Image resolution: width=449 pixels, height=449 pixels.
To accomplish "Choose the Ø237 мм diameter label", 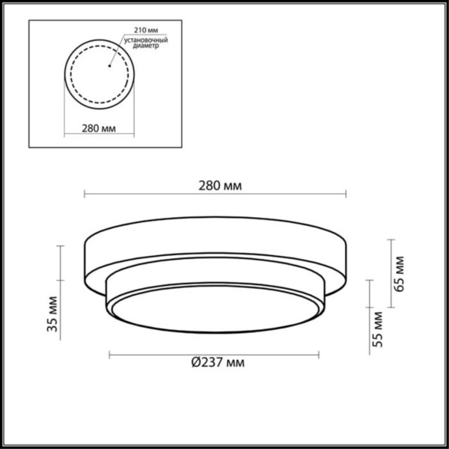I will point(216,364).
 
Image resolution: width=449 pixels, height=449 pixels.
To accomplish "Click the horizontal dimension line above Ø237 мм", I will point(215,352).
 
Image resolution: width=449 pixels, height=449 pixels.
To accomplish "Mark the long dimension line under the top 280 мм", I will point(215,195).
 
